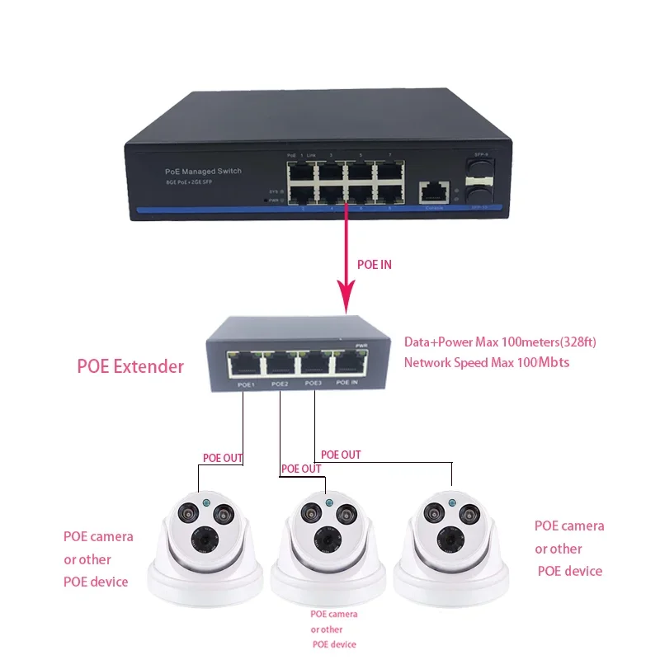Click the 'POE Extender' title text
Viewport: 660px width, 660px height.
pos(130,366)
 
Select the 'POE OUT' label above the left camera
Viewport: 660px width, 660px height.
pos(224,458)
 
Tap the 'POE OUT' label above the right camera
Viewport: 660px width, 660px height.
pos(341,455)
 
